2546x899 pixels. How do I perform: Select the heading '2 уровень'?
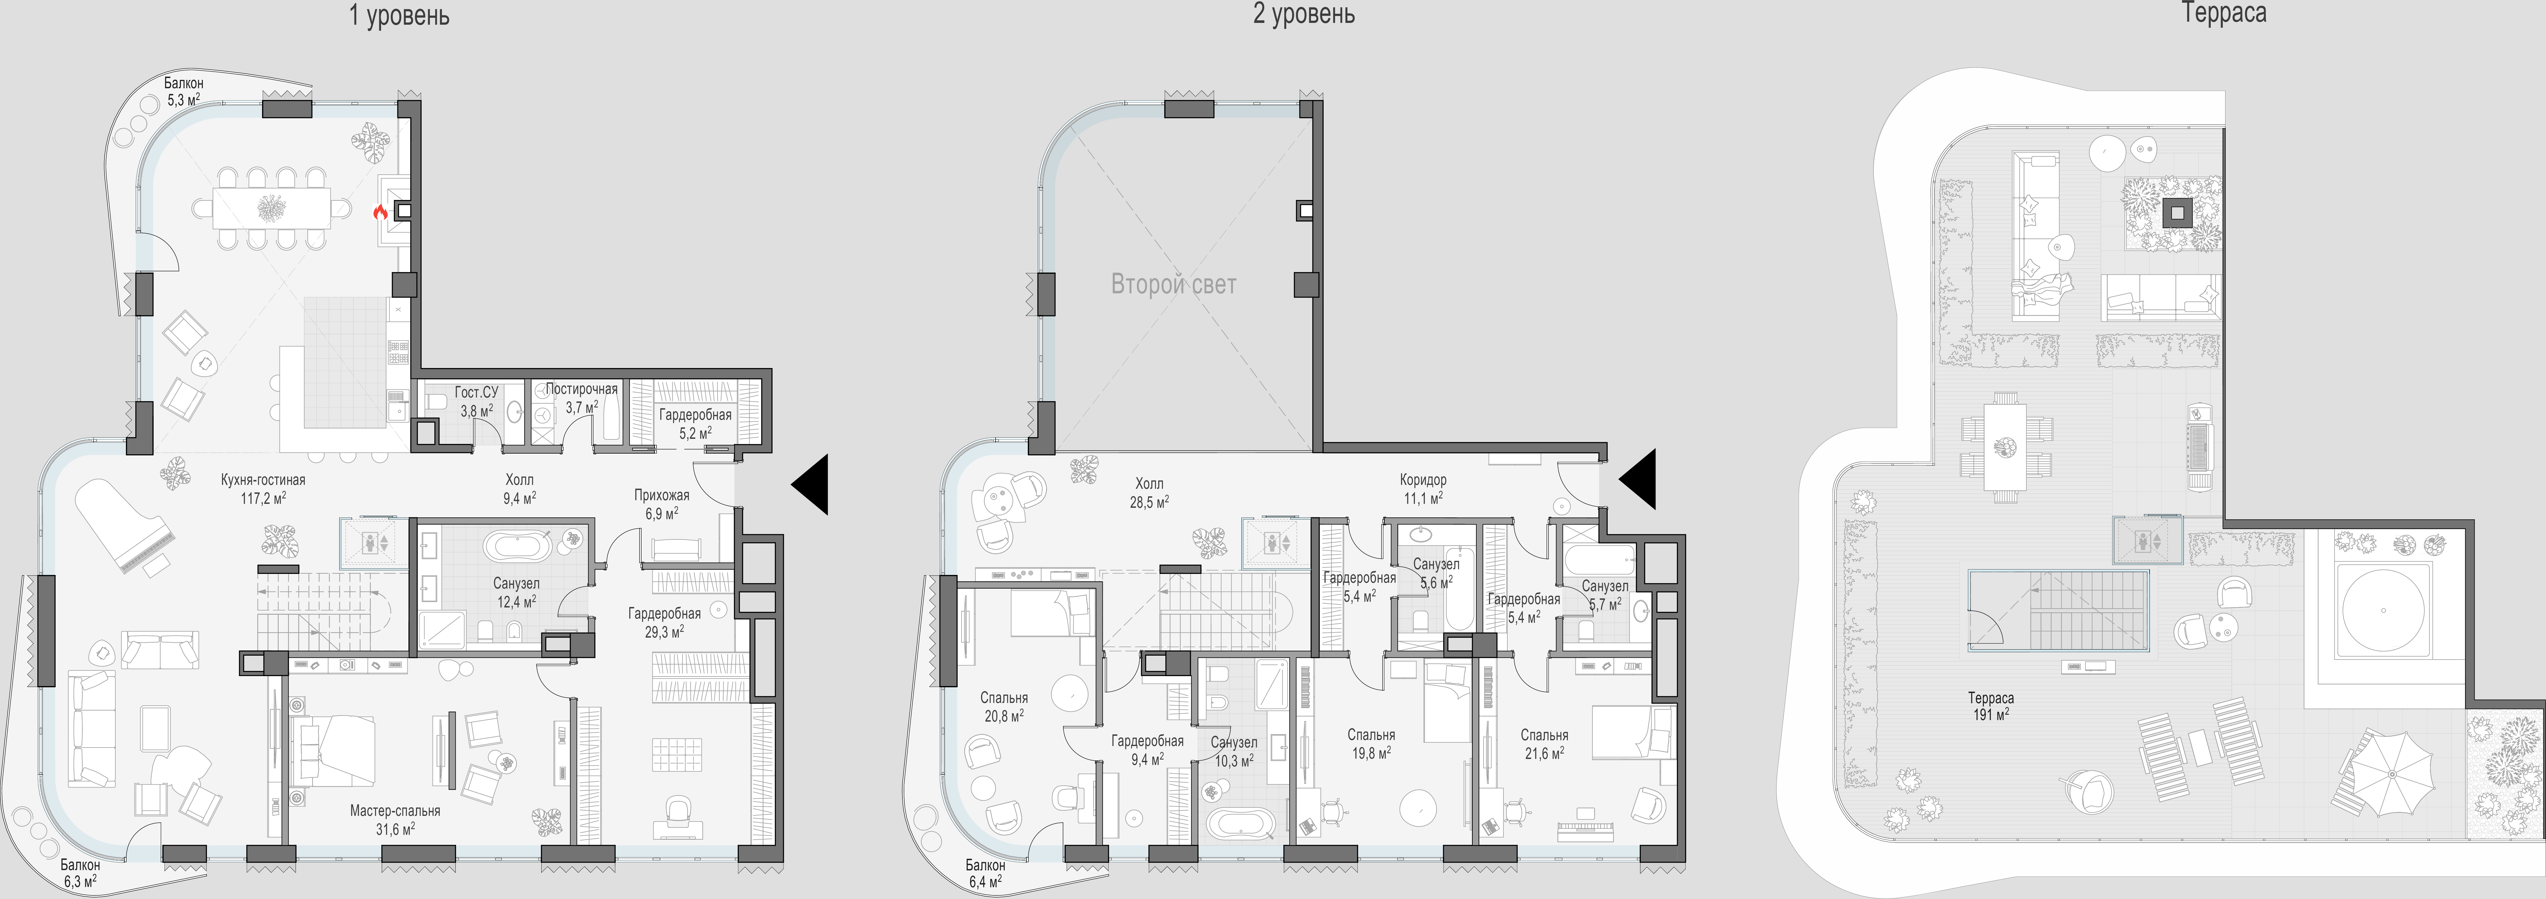(x=1304, y=14)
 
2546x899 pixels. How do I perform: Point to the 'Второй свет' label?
(x=1173, y=285)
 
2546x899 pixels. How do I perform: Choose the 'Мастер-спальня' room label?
(x=395, y=811)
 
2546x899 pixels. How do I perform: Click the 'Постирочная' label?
(x=581, y=389)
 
